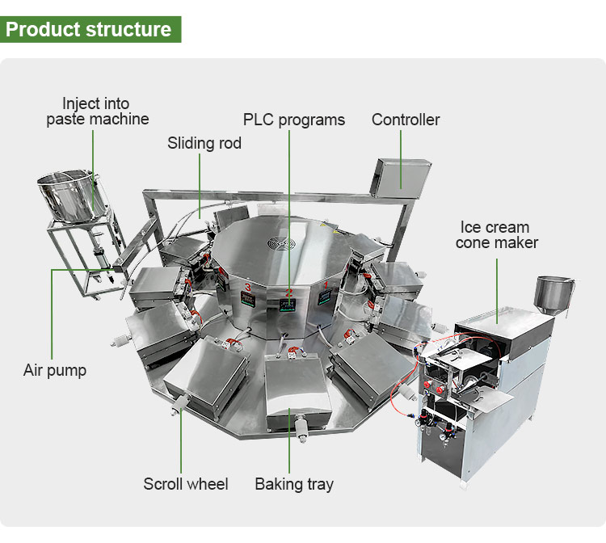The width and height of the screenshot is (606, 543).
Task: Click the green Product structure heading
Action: [90, 29]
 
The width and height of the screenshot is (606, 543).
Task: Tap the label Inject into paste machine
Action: [97, 112]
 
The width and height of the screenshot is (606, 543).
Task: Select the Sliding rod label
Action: [204, 144]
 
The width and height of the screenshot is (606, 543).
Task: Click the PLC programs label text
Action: [293, 120]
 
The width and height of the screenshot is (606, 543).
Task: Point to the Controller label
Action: [406, 120]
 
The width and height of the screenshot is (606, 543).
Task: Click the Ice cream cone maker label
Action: [496, 234]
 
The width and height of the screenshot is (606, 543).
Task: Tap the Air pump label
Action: [54, 372]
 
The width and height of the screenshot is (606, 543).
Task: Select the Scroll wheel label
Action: [186, 485]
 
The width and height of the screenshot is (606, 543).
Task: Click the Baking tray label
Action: [294, 485]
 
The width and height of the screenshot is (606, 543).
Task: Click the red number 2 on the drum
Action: [289, 292]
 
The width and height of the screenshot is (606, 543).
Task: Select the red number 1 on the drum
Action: [326, 285]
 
